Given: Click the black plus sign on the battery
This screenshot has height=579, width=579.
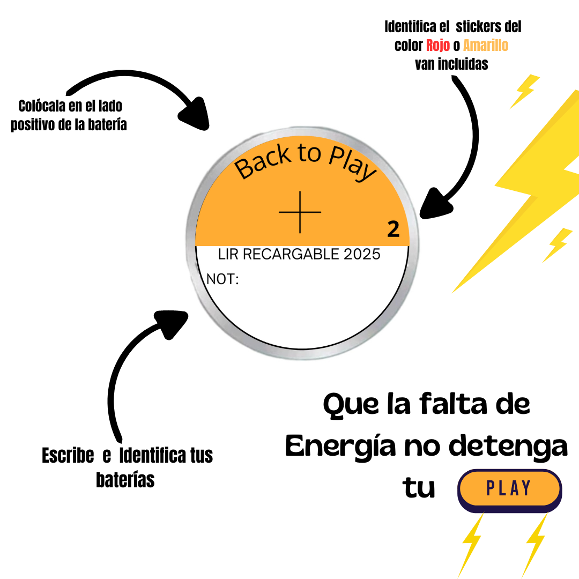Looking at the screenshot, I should [300, 212].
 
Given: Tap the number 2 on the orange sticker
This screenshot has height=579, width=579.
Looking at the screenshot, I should [393, 229].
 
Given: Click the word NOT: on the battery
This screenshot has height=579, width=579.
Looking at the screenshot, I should [222, 279].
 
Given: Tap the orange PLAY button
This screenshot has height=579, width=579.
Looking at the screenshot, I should [509, 488].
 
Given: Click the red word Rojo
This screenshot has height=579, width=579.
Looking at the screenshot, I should [437, 46].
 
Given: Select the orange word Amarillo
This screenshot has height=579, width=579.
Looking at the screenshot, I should [486, 46].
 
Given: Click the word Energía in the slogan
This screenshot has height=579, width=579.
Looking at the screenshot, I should [335, 446].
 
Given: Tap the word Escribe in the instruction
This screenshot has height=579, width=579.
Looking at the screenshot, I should [68, 456].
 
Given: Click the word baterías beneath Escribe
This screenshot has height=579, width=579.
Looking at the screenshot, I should [125, 480].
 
